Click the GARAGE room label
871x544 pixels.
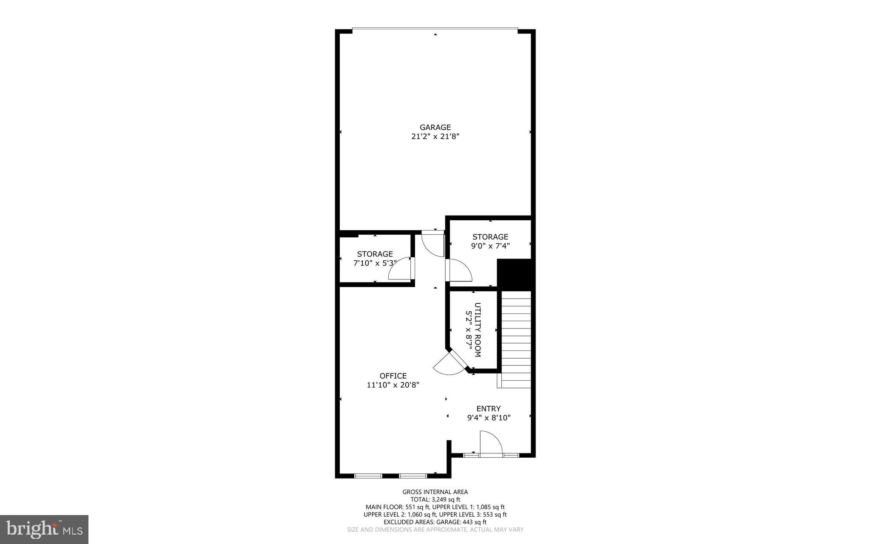point(435,127)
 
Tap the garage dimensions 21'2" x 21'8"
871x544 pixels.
point(435,137)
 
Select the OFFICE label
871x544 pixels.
point(393,376)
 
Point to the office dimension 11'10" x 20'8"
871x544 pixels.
point(393,385)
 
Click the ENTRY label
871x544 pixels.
point(488,409)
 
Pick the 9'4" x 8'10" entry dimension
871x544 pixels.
point(489,418)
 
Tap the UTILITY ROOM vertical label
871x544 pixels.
point(477,330)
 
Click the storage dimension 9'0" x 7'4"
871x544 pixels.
point(490,246)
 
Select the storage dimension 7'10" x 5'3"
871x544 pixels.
point(375,263)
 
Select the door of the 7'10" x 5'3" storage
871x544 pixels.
point(400,270)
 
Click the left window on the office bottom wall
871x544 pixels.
point(368,476)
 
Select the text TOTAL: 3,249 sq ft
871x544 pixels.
point(435,499)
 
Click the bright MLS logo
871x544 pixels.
point(44,529)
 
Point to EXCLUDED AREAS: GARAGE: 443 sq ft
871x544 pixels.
point(435,522)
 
